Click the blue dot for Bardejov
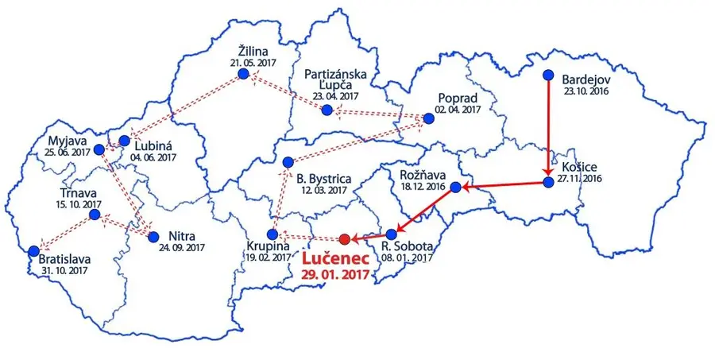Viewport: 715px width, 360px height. click(x=548, y=75)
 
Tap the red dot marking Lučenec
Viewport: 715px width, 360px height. click(x=344, y=239)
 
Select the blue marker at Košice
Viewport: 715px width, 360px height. click(x=548, y=183)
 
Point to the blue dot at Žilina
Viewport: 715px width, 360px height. click(x=243, y=74)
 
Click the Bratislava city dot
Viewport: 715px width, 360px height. click(x=33, y=250)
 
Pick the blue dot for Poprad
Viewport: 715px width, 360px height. click(x=430, y=119)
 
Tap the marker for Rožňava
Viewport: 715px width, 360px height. click(x=455, y=188)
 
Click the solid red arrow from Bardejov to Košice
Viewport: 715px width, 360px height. click(x=548, y=127)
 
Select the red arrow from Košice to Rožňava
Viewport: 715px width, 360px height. click(x=502, y=186)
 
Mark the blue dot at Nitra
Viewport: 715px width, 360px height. click(x=153, y=236)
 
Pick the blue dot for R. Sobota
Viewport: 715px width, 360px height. click(x=391, y=235)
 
